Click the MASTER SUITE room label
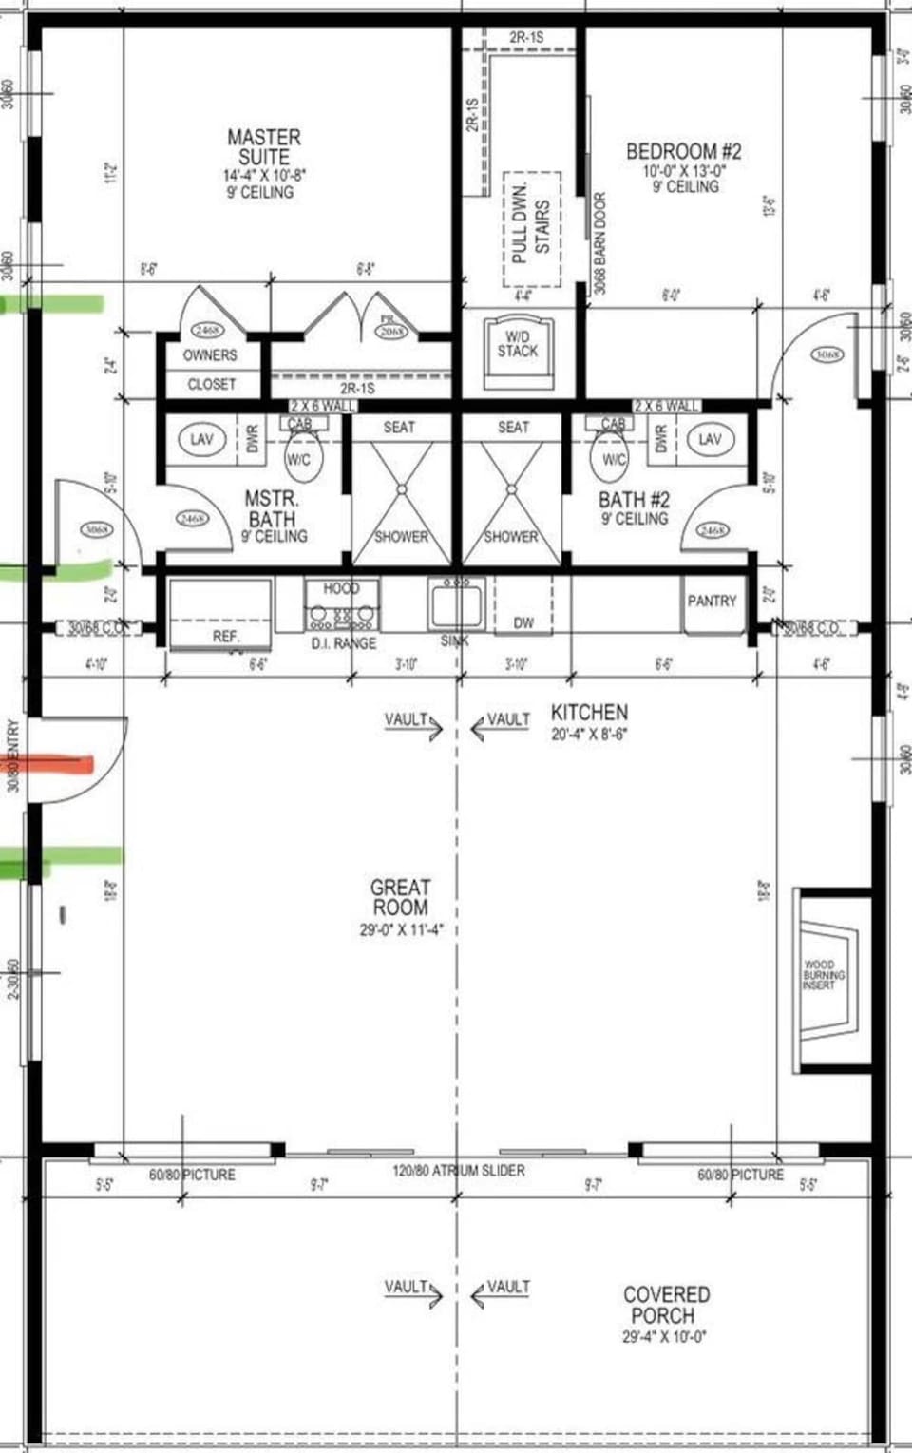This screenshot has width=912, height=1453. click(264, 148)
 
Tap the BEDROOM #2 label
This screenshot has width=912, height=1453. click(684, 152)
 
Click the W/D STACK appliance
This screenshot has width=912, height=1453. click(518, 351)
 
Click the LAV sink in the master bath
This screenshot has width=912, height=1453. click(201, 439)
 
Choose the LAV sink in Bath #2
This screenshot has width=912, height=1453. click(710, 439)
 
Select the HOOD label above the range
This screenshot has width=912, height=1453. click(341, 588)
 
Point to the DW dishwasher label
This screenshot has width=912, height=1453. click(523, 623)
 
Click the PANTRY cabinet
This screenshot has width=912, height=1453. click(712, 602)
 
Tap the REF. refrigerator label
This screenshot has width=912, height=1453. click(226, 637)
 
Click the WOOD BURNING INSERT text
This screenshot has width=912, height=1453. click(823, 975)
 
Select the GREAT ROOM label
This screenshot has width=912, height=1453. click(400, 898)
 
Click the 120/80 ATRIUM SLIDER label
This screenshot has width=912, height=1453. click(458, 1171)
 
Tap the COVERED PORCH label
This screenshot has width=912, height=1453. click(665, 1305)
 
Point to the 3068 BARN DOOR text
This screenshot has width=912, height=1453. click(599, 242)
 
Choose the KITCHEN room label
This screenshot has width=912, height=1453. click(589, 712)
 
